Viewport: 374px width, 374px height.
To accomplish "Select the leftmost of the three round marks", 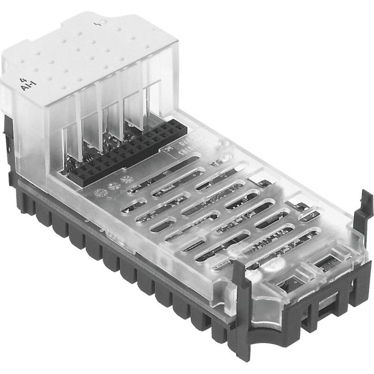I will pos(99,192).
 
